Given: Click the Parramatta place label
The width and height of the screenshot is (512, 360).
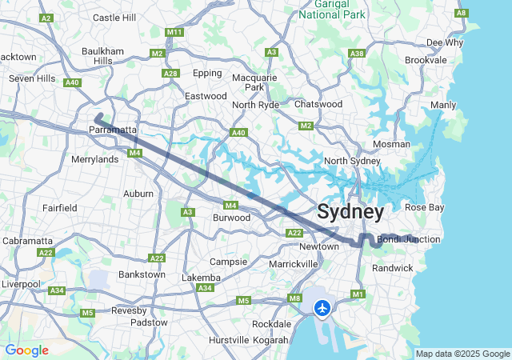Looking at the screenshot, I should click(113, 130).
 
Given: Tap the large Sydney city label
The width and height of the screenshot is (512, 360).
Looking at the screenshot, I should click(350, 212).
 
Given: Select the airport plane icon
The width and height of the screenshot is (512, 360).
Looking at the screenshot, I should click(322, 307).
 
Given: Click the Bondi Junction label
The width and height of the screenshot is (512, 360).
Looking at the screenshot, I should click(408, 239).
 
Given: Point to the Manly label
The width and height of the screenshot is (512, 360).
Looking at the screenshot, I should click(443, 105).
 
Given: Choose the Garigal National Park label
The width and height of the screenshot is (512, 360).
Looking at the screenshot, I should click(332, 9).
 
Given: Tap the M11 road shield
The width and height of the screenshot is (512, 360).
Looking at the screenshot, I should click(174, 32).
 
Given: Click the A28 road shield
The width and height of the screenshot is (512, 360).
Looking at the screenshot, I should click(170, 74).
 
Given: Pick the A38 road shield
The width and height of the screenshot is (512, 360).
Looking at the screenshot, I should click(357, 54).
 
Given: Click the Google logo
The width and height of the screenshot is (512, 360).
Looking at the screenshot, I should click(26, 350).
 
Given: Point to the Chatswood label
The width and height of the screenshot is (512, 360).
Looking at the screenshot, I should click(318, 104).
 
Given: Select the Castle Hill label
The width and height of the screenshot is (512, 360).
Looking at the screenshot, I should click(114, 17).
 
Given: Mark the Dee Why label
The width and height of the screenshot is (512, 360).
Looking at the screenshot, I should click(445, 42).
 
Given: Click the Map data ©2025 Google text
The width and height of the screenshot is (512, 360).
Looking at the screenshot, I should click(462, 354).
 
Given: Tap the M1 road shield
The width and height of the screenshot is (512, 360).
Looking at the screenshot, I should click(357, 294).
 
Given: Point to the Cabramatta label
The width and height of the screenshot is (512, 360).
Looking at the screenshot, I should click(27, 240).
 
